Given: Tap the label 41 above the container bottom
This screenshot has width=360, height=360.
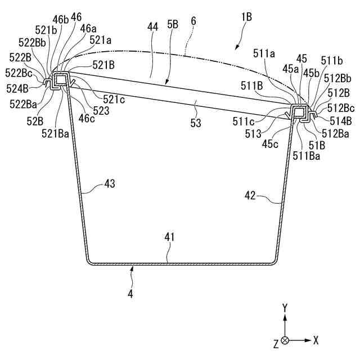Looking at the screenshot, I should tap(170, 238).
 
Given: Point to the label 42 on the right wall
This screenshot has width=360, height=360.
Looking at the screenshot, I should tap(250, 196).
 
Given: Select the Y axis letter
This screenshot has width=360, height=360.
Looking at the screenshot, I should tap(285, 308).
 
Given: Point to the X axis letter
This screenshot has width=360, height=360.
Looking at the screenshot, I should tap(317, 340).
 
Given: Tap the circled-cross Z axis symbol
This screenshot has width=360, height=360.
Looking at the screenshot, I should tap(285, 340).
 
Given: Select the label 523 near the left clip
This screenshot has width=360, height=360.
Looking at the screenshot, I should tap(102, 111).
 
